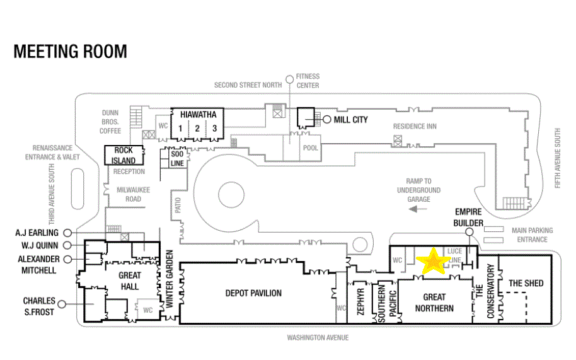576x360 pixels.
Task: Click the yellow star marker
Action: point(434,262)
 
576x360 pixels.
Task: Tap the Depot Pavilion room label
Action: point(253,293)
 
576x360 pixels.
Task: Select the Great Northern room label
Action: point(434,303)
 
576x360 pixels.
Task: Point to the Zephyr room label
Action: point(360,301)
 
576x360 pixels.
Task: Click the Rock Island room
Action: point(124,155)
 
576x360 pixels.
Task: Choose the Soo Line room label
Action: point(177,158)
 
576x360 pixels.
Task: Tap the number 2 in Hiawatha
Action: point(197,128)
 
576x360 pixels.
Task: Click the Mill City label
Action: point(350,120)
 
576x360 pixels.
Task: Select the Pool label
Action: point(311,148)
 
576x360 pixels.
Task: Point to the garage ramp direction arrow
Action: point(418,209)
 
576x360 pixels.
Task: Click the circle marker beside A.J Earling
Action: point(67,233)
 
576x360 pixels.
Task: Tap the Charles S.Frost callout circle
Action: point(62,304)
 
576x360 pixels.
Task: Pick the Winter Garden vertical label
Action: point(170,279)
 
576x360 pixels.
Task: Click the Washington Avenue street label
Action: point(318,337)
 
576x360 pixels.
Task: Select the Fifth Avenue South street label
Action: point(558,158)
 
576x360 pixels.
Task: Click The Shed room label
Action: point(526,283)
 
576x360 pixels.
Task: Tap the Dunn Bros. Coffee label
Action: point(110,122)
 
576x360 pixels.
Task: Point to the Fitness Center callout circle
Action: point(290,79)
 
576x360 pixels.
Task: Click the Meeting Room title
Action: point(70,52)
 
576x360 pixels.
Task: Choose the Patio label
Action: point(178,206)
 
